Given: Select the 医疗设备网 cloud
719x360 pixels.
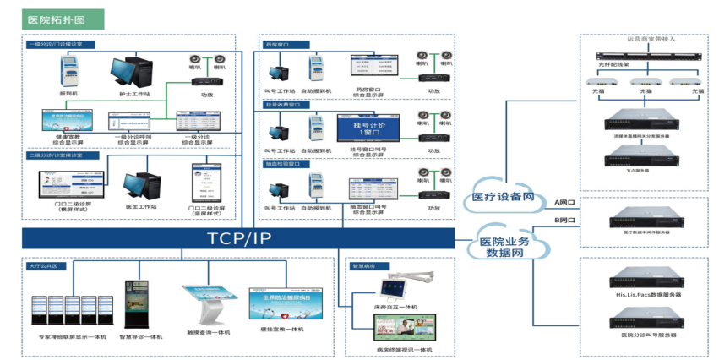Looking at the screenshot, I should point(504,197).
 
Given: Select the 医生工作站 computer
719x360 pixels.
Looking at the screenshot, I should point(138,189).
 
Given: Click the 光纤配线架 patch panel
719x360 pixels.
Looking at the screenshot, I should point(643,52).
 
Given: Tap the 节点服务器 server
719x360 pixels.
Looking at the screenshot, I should point(643,154).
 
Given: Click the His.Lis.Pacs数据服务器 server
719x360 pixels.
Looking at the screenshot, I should point(643,278).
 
